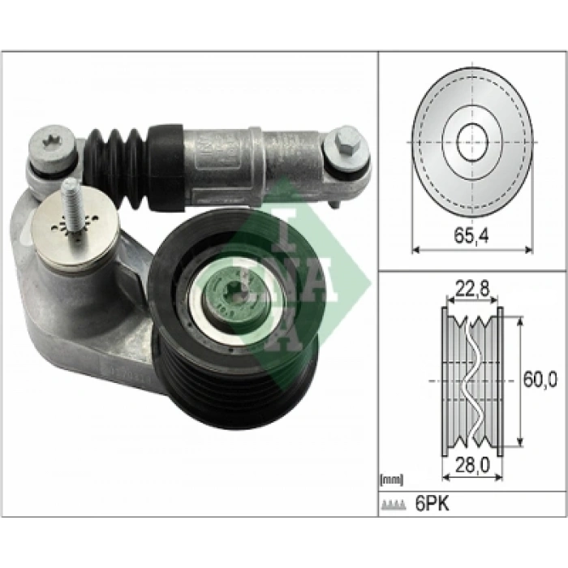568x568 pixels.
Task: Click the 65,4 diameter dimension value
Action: coord(471,236)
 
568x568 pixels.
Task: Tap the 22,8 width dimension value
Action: coord(472,289)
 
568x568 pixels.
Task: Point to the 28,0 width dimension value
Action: coord(472,466)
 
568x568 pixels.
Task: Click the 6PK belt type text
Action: coord(432,504)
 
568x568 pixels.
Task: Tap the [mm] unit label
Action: coord(391,480)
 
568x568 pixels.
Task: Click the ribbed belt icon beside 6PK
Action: coord(393,505)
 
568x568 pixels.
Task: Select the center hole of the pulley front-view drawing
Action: coord(472,142)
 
